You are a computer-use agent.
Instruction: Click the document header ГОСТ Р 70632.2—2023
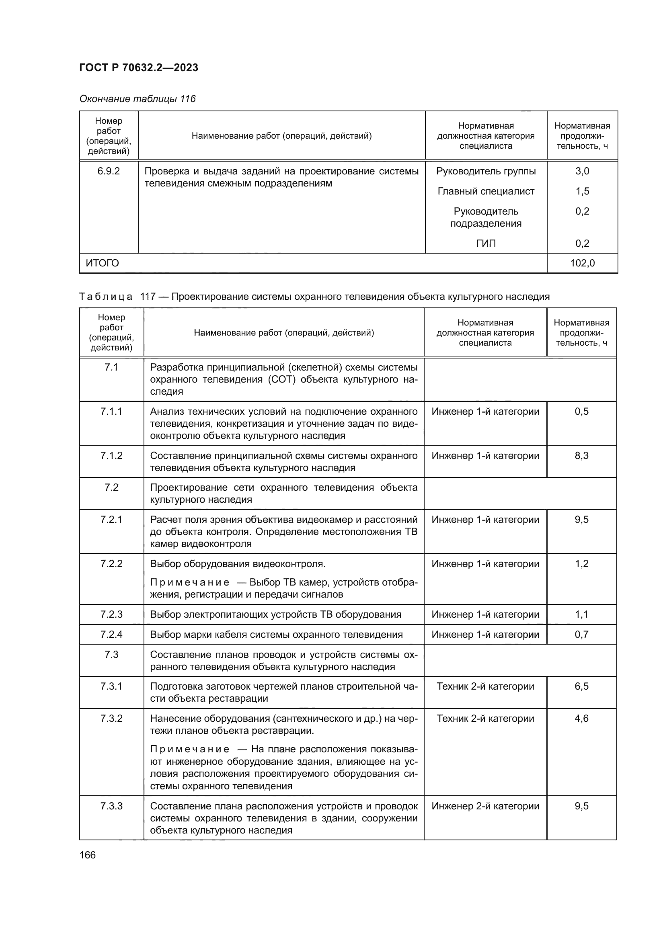(138, 68)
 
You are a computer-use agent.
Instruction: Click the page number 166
(87, 855)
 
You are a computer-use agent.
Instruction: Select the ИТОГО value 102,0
(582, 263)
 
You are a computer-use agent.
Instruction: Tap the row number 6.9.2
(109, 171)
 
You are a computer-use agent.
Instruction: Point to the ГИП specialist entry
(486, 243)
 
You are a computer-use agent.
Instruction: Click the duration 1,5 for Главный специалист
(582, 191)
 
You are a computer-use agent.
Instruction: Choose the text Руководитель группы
(486, 171)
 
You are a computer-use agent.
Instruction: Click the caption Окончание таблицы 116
(137, 99)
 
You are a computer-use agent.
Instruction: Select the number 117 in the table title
(148, 297)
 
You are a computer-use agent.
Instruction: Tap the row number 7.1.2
(111, 456)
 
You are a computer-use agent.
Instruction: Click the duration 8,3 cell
(581, 456)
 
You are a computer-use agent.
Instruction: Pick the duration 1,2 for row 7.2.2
(581, 564)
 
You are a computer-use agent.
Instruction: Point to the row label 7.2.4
(111, 635)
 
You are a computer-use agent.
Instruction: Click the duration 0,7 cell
(581, 635)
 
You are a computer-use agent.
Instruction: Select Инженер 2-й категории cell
(485, 806)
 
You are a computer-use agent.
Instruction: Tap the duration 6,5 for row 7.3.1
(581, 686)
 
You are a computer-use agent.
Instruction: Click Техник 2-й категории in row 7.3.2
(485, 719)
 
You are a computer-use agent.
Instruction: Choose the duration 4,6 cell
(581, 719)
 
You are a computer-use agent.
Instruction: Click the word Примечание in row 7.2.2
(190, 583)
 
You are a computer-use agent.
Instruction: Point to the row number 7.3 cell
(111, 655)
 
